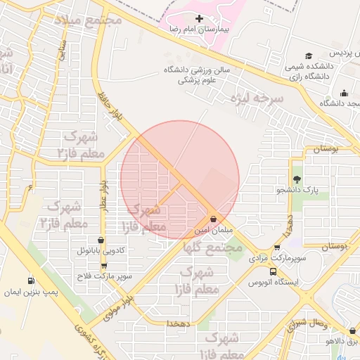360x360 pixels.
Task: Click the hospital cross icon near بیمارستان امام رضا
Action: click(199, 19)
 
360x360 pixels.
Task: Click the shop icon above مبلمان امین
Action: click(213, 219)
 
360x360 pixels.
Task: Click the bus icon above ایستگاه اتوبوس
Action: click(273, 271)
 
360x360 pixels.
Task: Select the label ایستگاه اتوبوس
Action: click(274, 282)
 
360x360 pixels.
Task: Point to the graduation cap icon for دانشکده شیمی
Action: click(309, 56)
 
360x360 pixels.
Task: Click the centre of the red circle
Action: click(180, 180)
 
